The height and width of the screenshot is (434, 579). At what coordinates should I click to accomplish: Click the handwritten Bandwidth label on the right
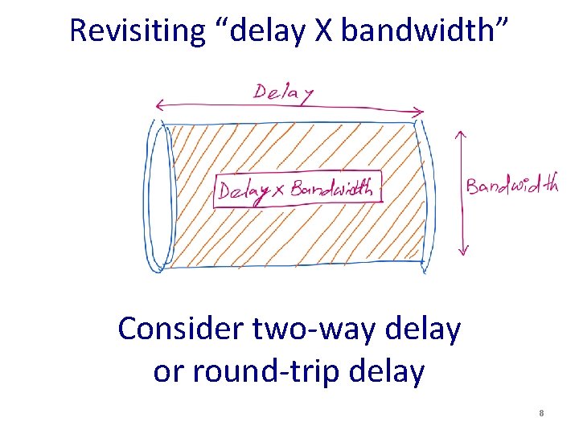pyautogui.click(x=511, y=186)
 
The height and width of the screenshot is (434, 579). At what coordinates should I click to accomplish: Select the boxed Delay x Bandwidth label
pyautogui.click(x=297, y=190)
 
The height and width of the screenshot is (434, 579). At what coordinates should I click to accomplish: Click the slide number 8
pyautogui.click(x=542, y=413)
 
